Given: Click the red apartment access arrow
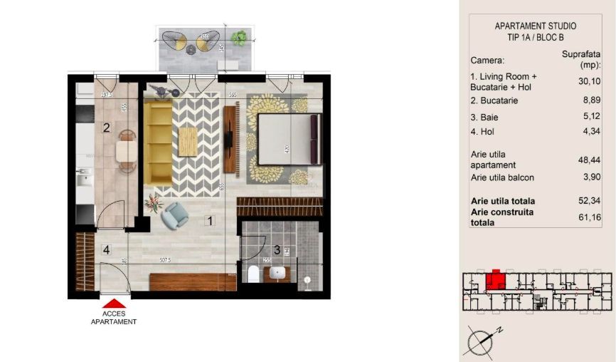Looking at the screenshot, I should point(114,304).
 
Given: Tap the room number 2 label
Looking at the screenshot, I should point(106,128).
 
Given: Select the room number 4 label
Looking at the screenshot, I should point(106,249).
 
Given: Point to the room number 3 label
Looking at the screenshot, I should point(277,249).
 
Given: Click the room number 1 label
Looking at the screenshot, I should point(210,221).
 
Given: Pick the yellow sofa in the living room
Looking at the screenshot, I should point(158,141).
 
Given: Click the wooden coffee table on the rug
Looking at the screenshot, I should point(188,141).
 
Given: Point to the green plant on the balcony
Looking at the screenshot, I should point(239,37).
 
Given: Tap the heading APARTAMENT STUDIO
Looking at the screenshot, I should point(536,26).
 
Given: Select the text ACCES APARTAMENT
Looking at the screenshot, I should point(114,317).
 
